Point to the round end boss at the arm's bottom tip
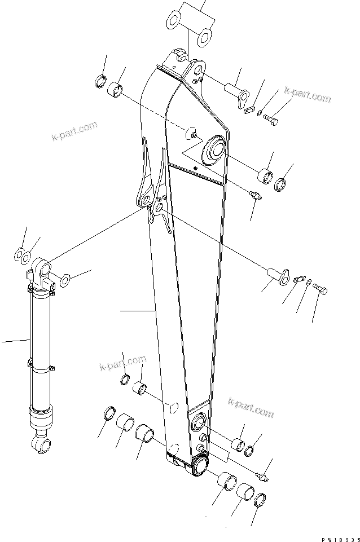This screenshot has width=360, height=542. coord(200,465)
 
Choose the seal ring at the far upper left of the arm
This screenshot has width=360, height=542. coord(100,80)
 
